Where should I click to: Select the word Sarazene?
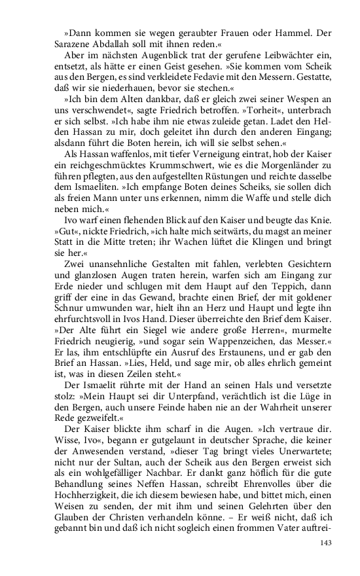click(69, 42)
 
